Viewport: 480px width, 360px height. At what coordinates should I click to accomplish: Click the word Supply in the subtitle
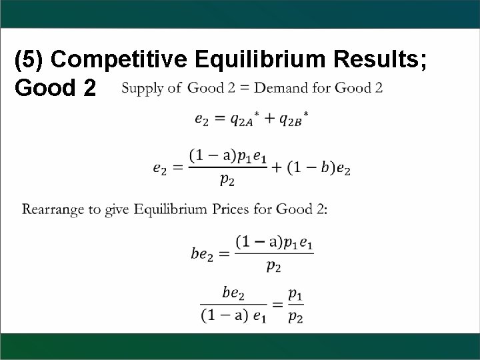point(142,87)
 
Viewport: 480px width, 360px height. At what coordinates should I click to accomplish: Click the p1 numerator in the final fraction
point(296,293)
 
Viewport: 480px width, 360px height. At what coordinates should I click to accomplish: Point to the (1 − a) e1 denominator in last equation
point(233,316)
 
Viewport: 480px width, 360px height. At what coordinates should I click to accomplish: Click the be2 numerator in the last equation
point(233,293)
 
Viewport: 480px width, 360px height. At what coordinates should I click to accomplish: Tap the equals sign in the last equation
point(277,305)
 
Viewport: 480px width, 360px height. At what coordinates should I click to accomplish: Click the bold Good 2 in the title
point(54,87)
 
